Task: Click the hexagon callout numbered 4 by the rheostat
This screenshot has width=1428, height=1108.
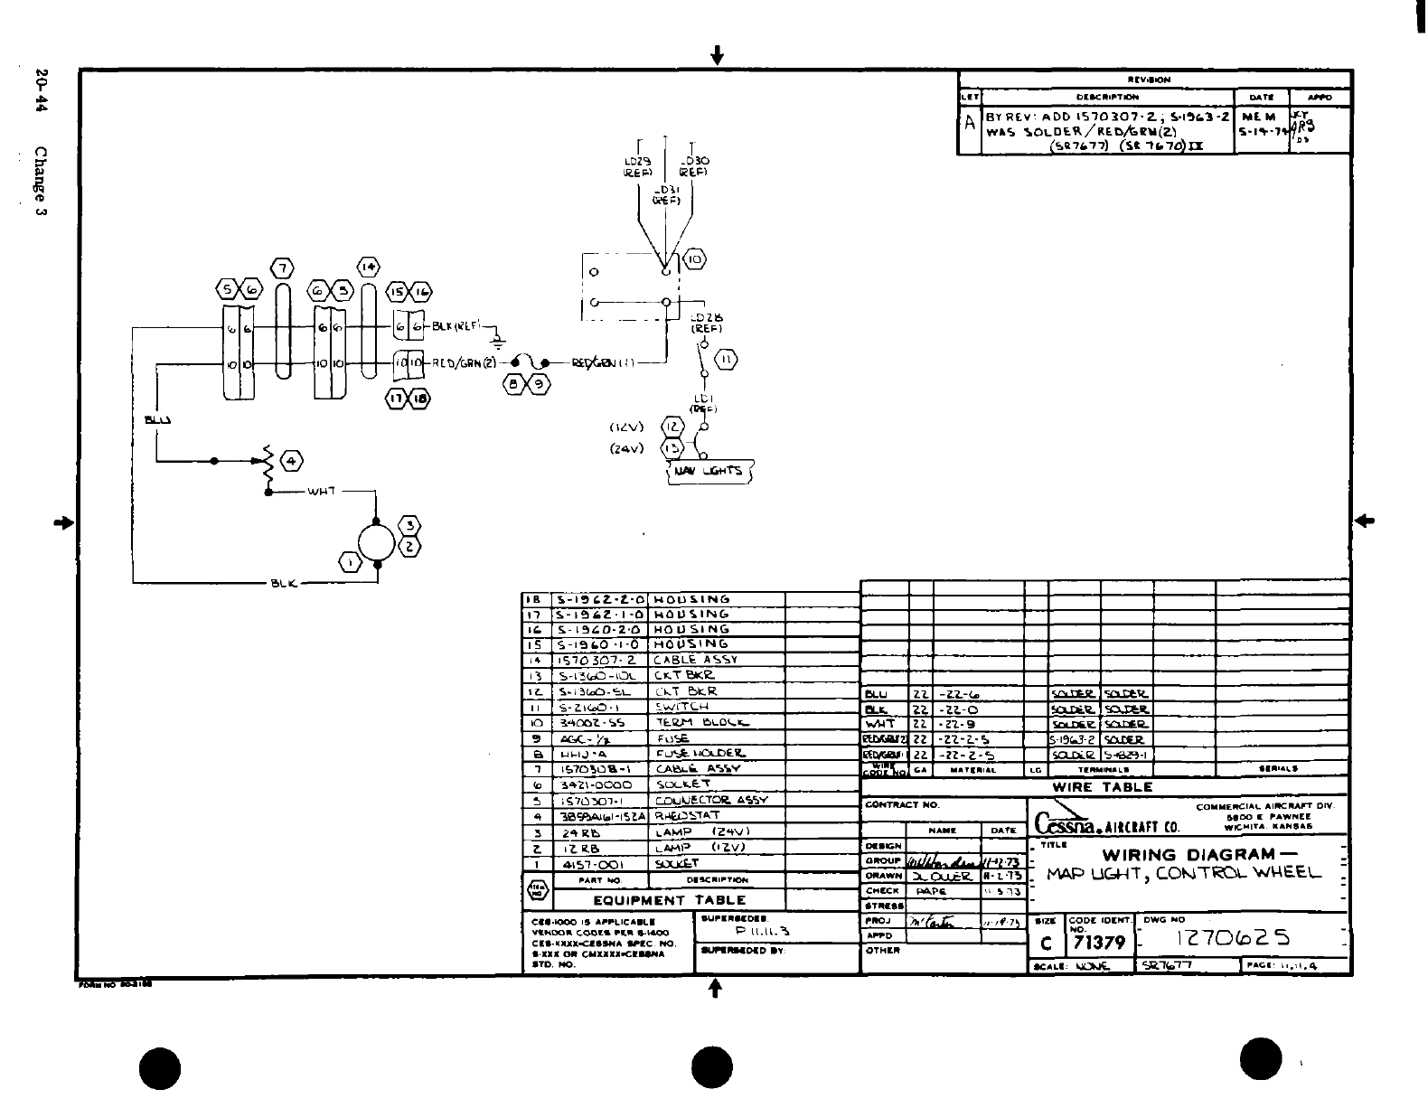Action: pos(292,462)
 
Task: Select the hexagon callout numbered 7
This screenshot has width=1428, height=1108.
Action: pos(282,268)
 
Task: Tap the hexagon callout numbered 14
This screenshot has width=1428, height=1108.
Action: pos(368,268)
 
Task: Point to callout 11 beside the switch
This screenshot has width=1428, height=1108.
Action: pos(726,361)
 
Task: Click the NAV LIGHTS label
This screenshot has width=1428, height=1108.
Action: pos(709,472)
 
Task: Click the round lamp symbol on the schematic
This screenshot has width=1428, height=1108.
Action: pos(375,543)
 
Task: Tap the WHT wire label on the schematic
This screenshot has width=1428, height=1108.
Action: pos(322,492)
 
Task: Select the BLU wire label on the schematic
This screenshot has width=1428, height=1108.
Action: pos(157,419)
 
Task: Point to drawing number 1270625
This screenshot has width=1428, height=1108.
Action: pos(1232,938)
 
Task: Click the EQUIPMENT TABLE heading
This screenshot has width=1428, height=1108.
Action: pos(669,900)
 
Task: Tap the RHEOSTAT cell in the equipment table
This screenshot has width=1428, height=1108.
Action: pos(686,815)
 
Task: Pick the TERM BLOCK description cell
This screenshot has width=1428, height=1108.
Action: pos(700,722)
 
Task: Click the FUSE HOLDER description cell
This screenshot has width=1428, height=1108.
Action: pos(700,753)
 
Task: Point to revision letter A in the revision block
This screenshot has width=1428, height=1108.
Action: pos(970,124)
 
